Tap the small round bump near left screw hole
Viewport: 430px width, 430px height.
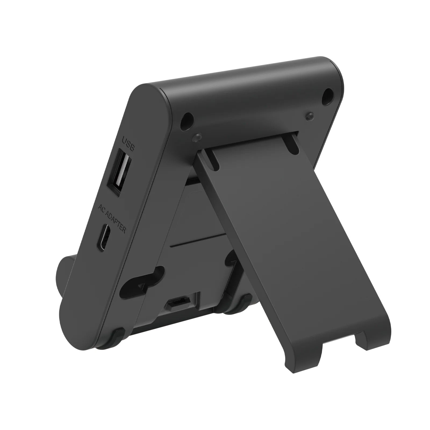click(197, 137)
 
